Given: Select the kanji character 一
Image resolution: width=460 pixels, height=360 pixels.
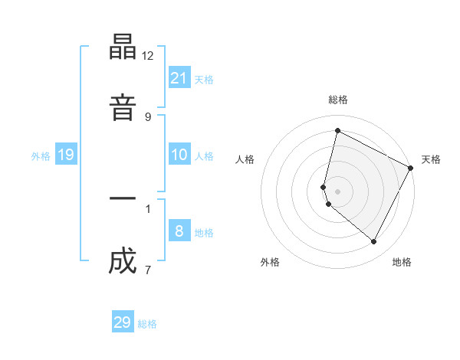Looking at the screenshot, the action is pos(123,198).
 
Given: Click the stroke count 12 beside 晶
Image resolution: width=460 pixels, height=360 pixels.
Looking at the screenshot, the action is pos(148,56).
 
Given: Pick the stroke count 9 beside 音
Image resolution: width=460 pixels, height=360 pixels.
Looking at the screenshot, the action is pos(148,116).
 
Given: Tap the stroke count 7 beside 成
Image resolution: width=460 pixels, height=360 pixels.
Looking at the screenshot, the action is pos(148,270).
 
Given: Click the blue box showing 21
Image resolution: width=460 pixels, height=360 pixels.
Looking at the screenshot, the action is pos(179,77).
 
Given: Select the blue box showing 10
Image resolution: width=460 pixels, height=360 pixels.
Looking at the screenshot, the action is pos(179,155).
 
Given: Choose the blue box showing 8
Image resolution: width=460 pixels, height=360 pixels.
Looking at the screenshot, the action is pos(179,231).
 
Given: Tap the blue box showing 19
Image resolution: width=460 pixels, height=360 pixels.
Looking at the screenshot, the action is pos(66,155).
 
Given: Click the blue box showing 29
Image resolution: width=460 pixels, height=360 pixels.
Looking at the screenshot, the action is pos(123,322).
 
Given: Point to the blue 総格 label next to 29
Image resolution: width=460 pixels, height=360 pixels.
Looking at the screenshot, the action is pos(147,324).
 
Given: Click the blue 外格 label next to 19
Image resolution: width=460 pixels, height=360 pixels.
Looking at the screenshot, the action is pos(41,156).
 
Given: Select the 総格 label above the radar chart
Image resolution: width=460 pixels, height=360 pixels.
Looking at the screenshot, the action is pos(338,100).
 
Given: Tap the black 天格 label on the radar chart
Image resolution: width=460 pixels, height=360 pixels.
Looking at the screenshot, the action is pos(431,159).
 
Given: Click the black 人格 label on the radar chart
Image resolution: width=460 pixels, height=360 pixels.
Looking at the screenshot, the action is pos(245,159).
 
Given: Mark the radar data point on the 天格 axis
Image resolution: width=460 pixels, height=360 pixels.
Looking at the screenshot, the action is pos(411,167).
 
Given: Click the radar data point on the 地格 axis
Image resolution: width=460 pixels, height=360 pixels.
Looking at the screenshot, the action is pos(374,242).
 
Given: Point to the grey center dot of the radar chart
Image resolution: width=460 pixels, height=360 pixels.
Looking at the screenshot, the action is pos(338,191).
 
